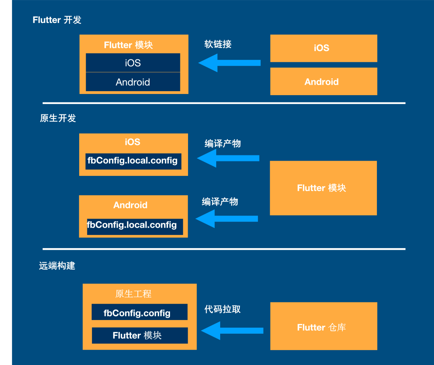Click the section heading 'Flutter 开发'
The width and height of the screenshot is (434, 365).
57,20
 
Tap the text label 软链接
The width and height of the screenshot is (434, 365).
218,44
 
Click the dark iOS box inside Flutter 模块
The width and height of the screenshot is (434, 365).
133,63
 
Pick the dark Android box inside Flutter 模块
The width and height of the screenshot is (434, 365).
133,82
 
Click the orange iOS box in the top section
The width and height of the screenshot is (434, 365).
323,48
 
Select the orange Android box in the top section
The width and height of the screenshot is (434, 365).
323,82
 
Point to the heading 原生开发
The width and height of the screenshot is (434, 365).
58,118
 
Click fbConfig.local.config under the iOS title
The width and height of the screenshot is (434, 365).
133,161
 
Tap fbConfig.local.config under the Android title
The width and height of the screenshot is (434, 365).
133,225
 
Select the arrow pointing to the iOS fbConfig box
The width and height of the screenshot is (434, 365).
228,158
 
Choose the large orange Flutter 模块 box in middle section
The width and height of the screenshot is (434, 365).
323,188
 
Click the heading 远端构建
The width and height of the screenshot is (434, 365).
57,266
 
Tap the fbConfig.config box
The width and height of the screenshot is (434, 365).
139,312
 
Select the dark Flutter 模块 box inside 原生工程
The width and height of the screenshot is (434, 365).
139,335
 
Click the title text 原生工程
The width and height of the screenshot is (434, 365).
133,294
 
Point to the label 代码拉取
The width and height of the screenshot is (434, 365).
223,309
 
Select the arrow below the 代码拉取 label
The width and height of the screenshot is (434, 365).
232,331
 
